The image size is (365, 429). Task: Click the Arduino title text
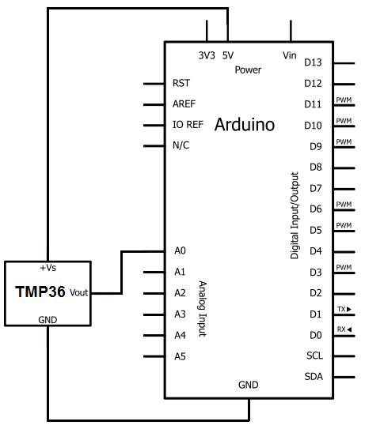[x=244, y=125]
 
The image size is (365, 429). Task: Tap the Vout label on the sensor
[x=78, y=292]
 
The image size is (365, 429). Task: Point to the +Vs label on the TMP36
[x=48, y=268]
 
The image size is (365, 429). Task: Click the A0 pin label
[x=179, y=250]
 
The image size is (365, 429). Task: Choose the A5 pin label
[x=179, y=356]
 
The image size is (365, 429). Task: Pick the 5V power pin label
[x=228, y=55]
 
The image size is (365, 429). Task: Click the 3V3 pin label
[x=207, y=55]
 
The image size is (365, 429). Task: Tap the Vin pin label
[x=289, y=55]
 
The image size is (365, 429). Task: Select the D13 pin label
[x=314, y=62]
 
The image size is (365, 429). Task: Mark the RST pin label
[x=181, y=83]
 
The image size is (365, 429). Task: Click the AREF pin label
[x=184, y=103]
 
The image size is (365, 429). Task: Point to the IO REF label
[x=187, y=125]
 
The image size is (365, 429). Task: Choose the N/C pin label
[x=181, y=145]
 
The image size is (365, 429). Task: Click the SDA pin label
[x=314, y=376]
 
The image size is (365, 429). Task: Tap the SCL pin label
[x=314, y=356]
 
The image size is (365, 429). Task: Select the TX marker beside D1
[x=344, y=308]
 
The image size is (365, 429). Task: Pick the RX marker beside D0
[x=344, y=329]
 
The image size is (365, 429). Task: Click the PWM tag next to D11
[x=344, y=100]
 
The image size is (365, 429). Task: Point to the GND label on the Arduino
[x=249, y=385]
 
